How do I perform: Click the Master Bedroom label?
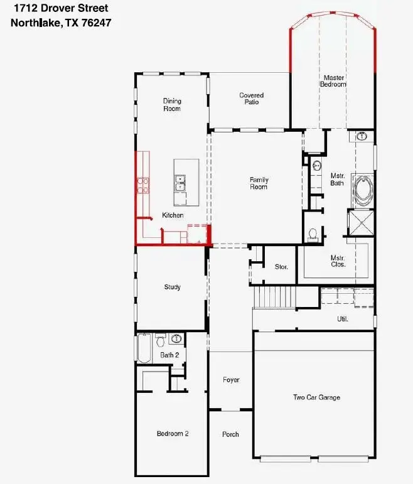[333, 81]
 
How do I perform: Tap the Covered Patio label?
[251, 99]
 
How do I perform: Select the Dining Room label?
[172, 104]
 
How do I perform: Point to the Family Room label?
[259, 183]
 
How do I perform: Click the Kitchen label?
[173, 215]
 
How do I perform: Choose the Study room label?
[173, 287]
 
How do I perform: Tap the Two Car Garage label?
[316, 397]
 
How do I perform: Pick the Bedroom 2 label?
[173, 434]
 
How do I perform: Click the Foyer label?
[231, 380]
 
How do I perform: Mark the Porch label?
[230, 434]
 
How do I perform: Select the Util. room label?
[343, 319]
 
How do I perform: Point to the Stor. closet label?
[281, 267]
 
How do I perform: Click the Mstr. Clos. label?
[338, 261]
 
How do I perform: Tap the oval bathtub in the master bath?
[363, 190]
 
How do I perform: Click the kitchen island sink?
[181, 183]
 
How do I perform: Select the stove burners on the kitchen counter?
[143, 185]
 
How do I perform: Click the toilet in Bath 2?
[160, 341]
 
